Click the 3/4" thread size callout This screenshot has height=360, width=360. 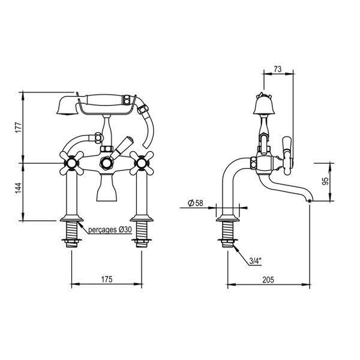254,262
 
